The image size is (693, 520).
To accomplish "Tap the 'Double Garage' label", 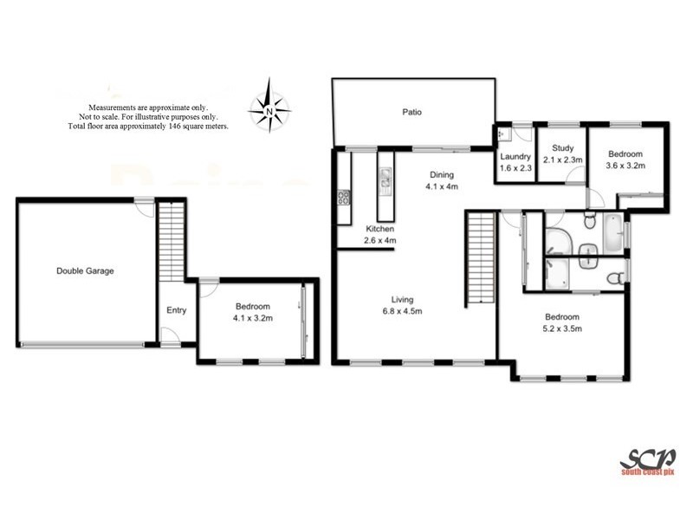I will [85, 271].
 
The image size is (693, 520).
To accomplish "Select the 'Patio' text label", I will [411, 112].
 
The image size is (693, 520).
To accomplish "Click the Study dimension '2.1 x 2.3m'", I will [561, 159].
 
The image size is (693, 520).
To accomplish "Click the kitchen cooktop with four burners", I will [343, 198].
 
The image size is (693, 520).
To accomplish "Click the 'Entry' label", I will [177, 310].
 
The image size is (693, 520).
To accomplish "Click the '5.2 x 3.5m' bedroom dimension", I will [562, 328].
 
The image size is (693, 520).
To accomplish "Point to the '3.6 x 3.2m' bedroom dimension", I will [625, 165].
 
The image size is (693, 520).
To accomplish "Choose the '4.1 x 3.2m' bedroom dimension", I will [253, 318].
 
